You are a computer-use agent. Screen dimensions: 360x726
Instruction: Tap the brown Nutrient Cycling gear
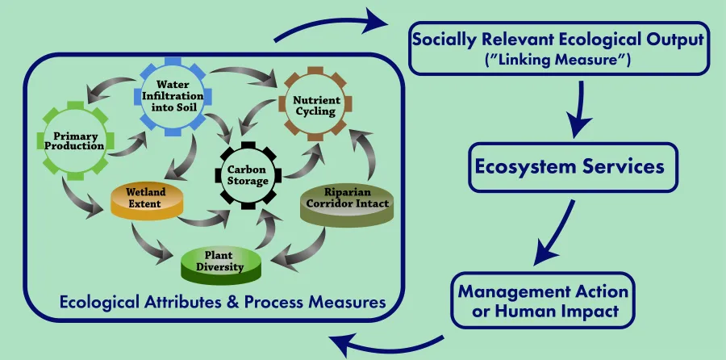click(x=315, y=105)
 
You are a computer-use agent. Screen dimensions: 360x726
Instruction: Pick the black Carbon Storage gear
click(x=247, y=174)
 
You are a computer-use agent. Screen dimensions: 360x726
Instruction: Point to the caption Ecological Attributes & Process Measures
click(x=221, y=303)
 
